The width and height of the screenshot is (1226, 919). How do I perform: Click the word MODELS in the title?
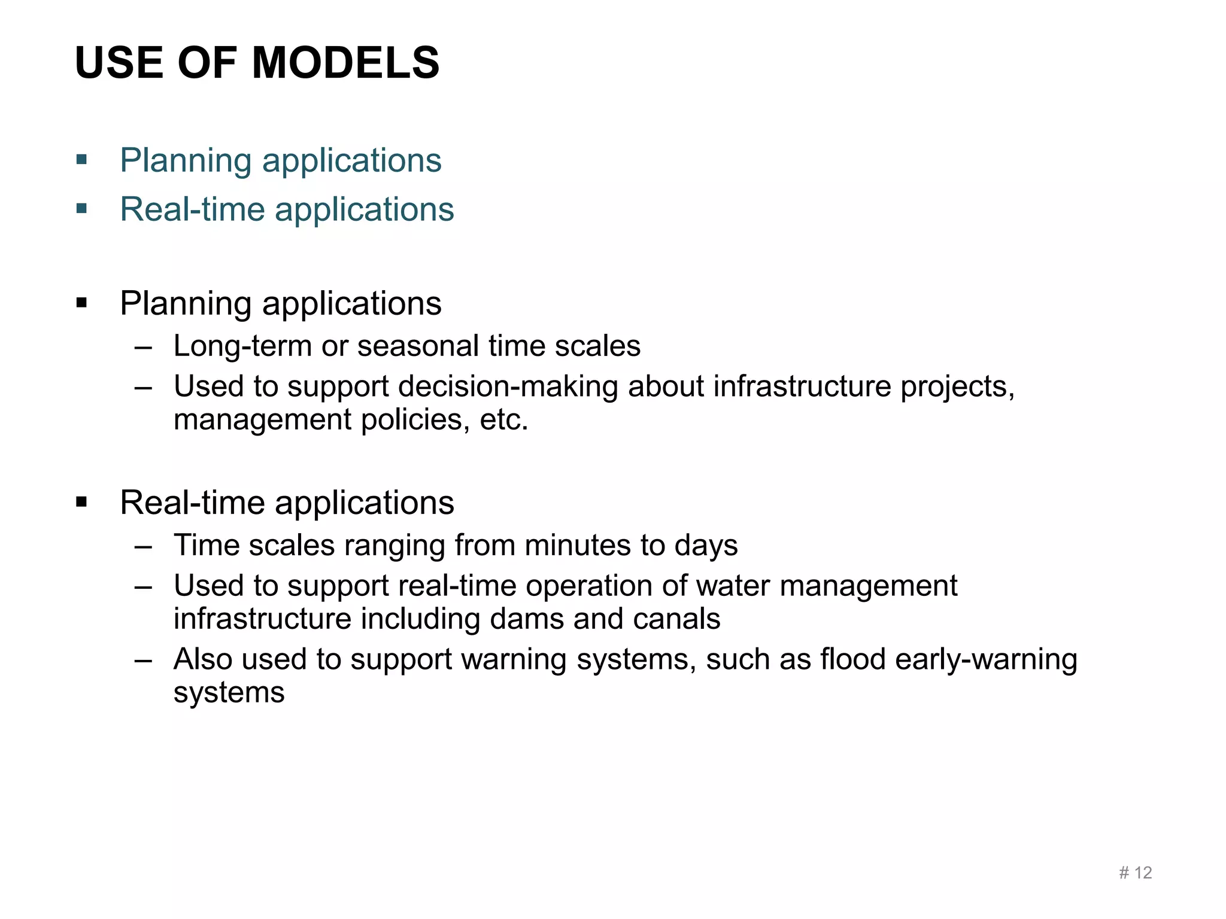(x=345, y=63)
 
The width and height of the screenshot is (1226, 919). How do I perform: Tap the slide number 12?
(x=1143, y=873)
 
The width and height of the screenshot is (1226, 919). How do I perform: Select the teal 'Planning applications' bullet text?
(x=280, y=160)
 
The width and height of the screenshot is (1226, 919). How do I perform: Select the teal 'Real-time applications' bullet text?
(x=287, y=209)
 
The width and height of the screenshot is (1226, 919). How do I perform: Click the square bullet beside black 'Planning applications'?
(x=82, y=303)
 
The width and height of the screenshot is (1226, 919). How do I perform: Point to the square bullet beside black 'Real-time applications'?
(x=82, y=502)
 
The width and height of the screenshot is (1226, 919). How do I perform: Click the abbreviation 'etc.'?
(x=504, y=420)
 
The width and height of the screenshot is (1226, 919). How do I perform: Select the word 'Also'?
(x=203, y=659)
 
